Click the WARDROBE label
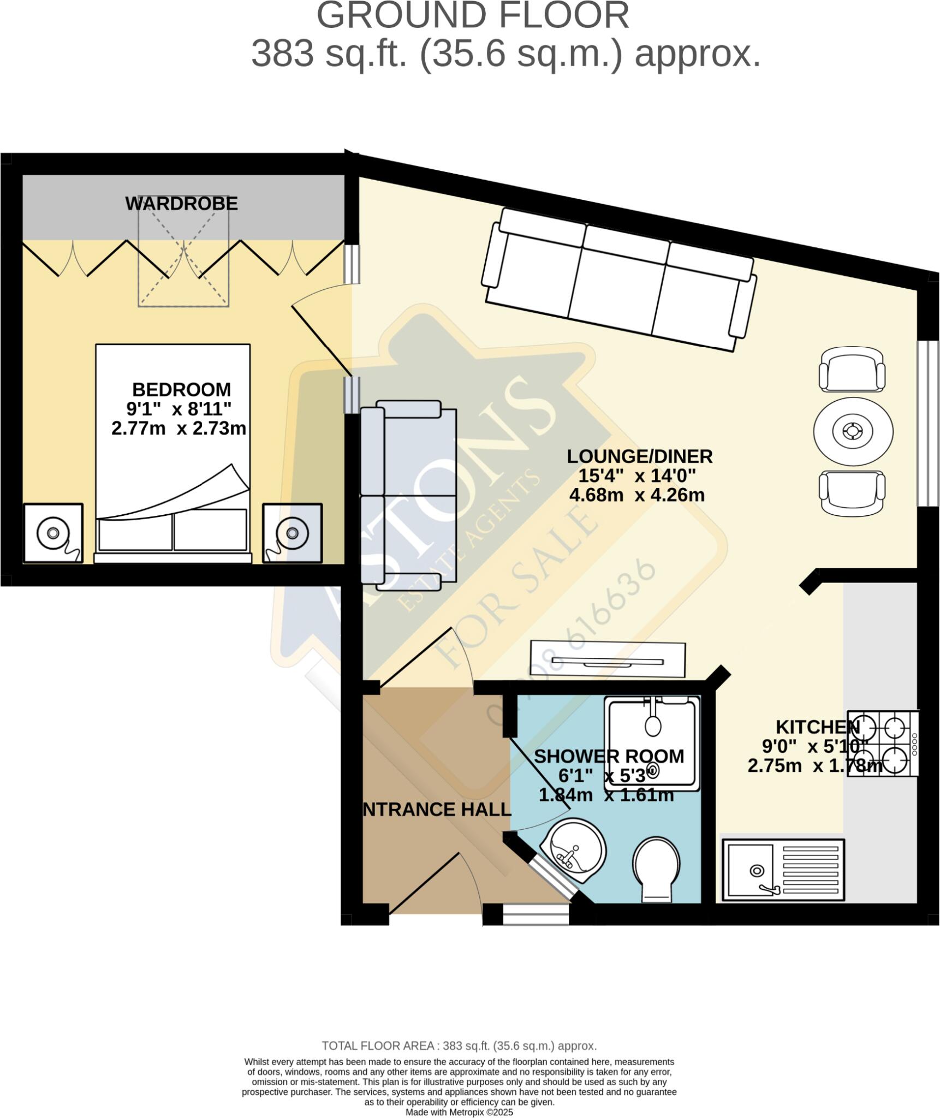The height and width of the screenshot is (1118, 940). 181,204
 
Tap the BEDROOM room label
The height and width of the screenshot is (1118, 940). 181,389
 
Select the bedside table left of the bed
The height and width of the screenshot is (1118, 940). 53,533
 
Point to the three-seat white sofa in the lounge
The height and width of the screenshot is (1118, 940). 618,279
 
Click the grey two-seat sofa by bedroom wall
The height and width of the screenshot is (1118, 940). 408,495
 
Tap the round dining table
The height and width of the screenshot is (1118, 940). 853,431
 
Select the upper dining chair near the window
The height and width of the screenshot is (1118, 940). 852,370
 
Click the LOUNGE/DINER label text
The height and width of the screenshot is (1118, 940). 639,456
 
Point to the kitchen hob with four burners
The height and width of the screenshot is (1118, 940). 882,744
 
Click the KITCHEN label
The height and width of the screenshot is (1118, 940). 817,727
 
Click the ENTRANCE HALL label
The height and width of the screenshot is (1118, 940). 437,809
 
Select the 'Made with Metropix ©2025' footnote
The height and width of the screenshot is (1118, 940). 459,1112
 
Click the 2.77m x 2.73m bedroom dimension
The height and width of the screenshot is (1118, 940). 179,429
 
